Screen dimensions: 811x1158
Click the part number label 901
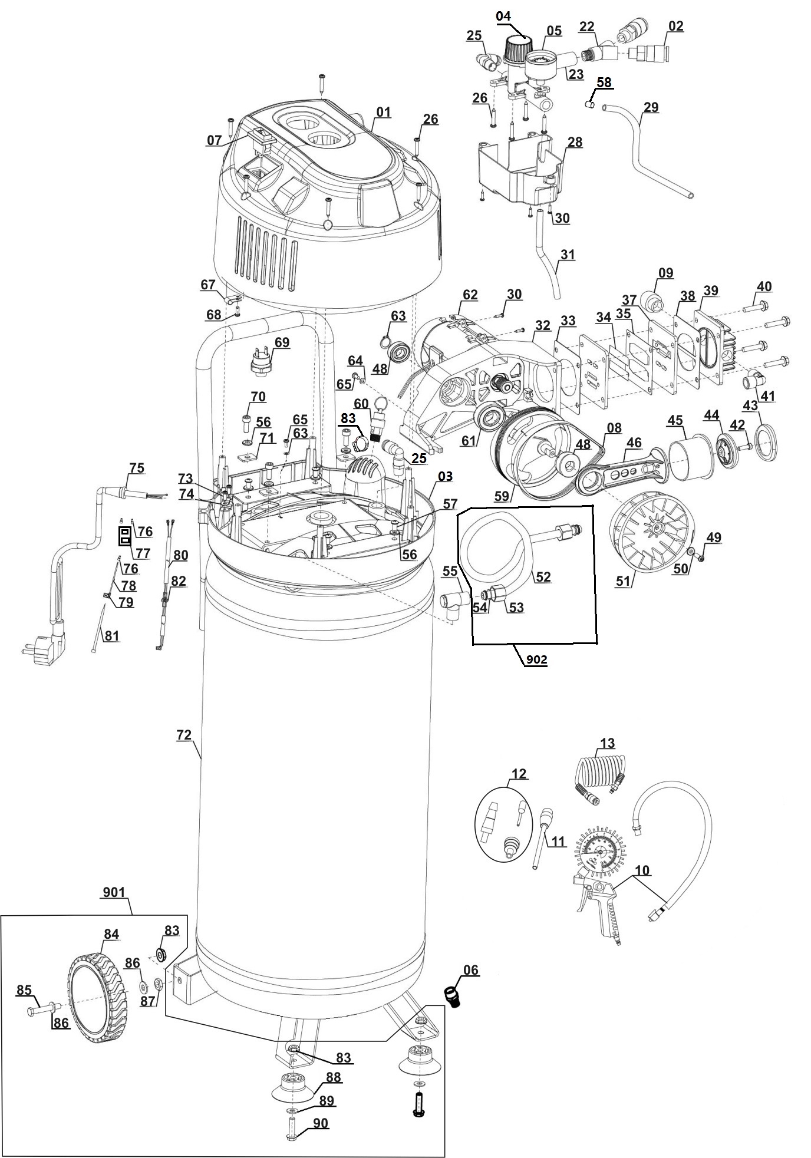tap(114, 892)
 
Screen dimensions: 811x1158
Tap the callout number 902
tap(536, 660)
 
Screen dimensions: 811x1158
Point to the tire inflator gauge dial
tap(599, 852)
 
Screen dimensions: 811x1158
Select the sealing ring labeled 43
tap(765, 444)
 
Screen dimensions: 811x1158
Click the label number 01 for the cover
tap(384, 112)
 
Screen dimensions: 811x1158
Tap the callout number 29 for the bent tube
tap(651, 107)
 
